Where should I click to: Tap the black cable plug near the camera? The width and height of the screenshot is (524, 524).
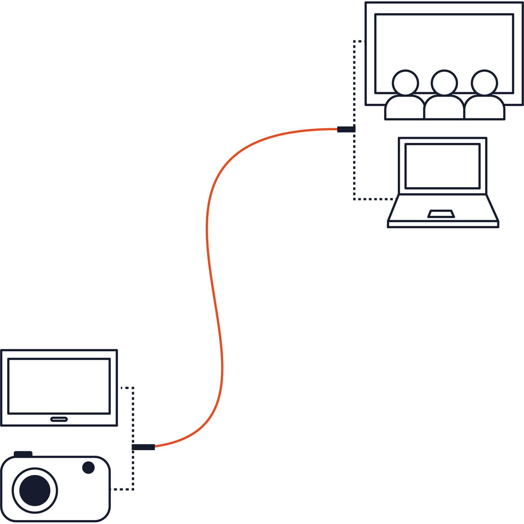click(143, 447)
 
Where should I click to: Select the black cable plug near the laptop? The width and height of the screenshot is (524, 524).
click(346, 129)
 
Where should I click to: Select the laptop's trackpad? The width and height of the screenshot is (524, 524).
click(441, 214)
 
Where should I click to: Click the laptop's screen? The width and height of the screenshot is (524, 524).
click(442, 166)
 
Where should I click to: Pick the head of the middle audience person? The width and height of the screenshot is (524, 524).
click(444, 83)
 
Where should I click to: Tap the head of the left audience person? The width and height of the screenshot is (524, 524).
click(405, 83)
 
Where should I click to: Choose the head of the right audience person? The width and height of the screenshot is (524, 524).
click(484, 83)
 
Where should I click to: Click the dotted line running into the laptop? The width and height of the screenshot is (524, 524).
click(374, 199)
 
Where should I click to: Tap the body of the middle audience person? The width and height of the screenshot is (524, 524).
click(444, 109)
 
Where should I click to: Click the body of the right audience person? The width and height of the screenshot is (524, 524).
click(484, 109)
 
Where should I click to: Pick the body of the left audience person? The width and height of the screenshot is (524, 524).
click(404, 109)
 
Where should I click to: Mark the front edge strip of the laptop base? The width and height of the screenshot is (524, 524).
click(443, 224)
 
